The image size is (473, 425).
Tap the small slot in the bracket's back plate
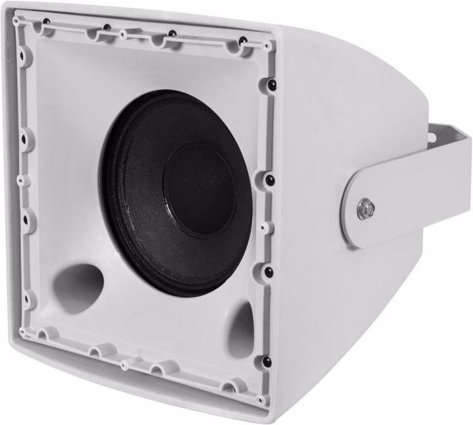432,137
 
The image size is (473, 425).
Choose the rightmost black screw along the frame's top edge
242,41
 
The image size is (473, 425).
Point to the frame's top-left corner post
16,21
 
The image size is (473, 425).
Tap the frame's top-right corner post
266,47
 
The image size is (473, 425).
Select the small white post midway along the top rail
123,32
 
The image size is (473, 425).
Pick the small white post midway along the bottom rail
123,362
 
